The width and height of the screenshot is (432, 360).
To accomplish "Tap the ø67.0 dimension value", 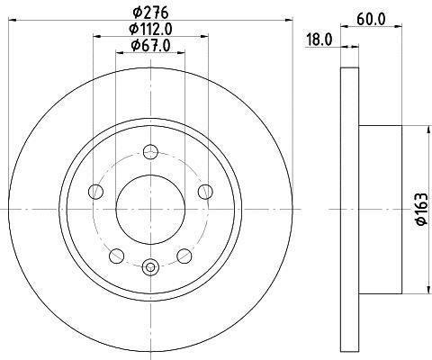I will point(151,46).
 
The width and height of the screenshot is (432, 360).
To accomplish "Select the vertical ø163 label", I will point(419,209).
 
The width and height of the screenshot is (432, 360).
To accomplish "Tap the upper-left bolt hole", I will point(96,190).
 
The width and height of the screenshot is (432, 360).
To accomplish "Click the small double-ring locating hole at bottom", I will point(150,265).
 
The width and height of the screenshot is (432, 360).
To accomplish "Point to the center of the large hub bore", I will point(150,209).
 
